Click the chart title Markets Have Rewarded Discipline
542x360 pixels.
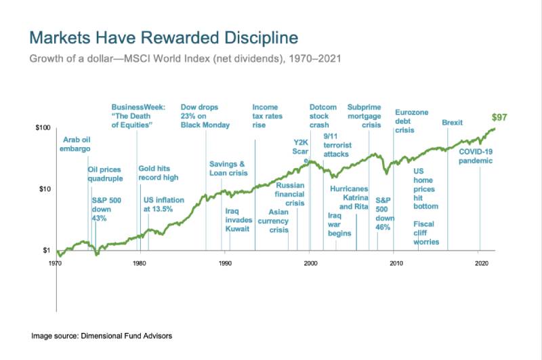[x=165, y=36]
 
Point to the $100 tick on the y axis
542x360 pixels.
[x=44, y=127]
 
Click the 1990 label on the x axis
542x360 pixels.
[x=225, y=261]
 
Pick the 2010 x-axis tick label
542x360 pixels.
[x=394, y=261]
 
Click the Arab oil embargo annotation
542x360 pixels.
[x=76, y=144]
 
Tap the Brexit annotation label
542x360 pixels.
[x=452, y=123]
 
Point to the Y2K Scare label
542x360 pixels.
[x=300, y=147]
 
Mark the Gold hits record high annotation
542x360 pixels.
[x=158, y=173]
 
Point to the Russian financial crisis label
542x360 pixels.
[x=289, y=194]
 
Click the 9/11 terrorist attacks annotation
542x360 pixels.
[x=336, y=145]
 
